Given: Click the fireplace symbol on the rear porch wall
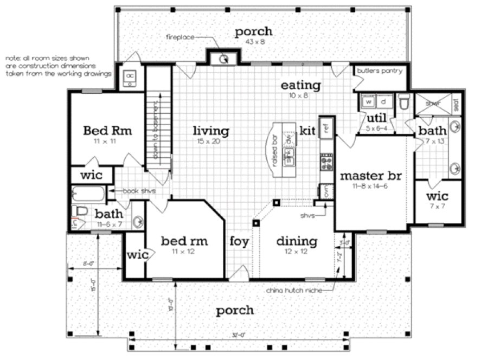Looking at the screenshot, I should [x=223, y=59].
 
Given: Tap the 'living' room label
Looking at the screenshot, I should [x=211, y=131].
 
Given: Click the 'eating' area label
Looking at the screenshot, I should [x=300, y=85].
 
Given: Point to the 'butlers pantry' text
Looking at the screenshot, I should [x=380, y=71].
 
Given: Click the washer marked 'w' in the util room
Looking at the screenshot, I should [x=367, y=101].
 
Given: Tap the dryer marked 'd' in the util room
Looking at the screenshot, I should [x=383, y=101].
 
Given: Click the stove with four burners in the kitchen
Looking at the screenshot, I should [x=326, y=162].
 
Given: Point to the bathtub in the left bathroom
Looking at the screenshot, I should [x=88, y=194].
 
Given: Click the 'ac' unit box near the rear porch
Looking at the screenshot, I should [x=130, y=78].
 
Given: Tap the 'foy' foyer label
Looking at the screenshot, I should [x=239, y=241].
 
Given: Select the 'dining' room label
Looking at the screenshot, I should [x=297, y=241].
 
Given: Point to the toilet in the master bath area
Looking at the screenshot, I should [x=403, y=102].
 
